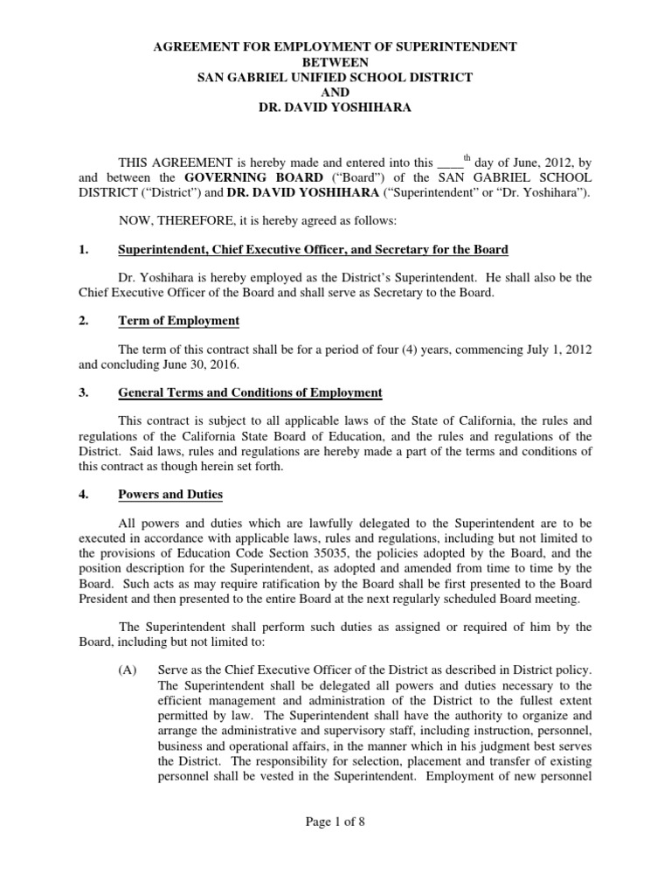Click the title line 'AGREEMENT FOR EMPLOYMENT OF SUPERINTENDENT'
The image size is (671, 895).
[x=335, y=45]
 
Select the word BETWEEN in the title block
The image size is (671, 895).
[x=335, y=61]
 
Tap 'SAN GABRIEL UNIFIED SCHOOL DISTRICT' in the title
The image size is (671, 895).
[x=335, y=78]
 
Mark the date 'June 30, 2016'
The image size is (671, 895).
[x=202, y=365]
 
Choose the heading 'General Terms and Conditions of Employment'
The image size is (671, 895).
[x=250, y=392]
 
